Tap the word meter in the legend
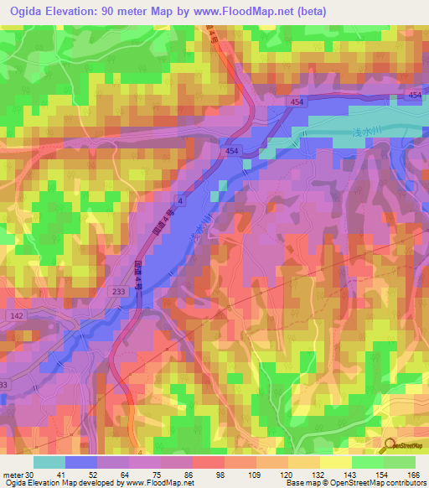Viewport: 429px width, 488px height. click(12, 475)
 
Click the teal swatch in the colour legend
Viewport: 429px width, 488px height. click(49, 462)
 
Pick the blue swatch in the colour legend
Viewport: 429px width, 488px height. click(81, 462)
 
